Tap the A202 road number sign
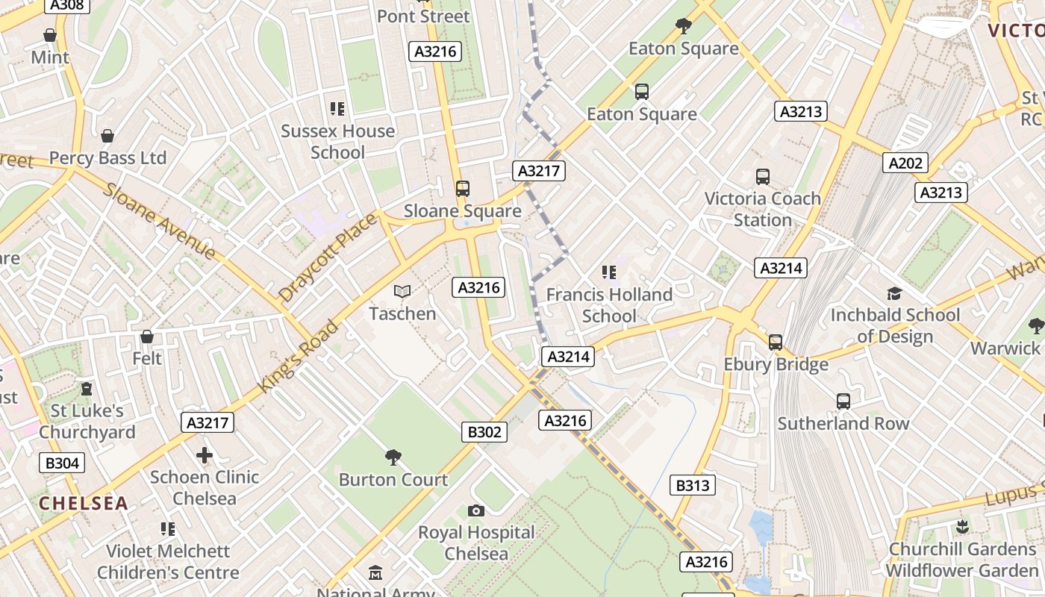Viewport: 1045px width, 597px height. tap(905, 163)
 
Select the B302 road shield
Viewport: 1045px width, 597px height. tap(484, 431)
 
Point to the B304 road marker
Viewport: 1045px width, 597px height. tap(62, 463)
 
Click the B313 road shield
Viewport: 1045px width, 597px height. tap(693, 485)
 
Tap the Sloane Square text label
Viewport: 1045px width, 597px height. tap(462, 211)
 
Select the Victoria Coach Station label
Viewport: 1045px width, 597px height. tap(762, 209)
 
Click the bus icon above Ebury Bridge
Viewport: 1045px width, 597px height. tap(776, 343)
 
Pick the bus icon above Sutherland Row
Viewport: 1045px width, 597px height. tap(843, 401)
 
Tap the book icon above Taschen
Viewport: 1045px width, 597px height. tap(402, 292)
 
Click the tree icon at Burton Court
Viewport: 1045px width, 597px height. tap(393, 457)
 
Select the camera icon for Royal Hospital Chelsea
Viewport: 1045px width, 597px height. tap(475, 510)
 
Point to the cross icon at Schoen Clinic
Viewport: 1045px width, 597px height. tap(205, 455)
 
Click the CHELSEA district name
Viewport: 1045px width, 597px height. tap(84, 503)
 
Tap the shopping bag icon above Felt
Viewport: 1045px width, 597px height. tap(147, 337)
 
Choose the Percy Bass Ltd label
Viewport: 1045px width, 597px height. tap(107, 158)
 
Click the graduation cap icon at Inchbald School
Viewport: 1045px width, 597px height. tap(894, 293)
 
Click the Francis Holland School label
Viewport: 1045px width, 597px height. tap(609, 305)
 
